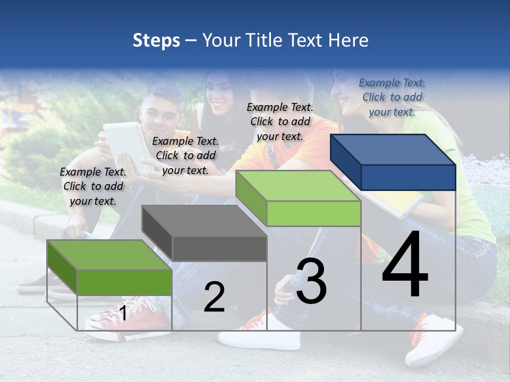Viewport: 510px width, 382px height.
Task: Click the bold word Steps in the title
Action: pos(156,40)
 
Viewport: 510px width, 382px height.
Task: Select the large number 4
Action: pos(405,265)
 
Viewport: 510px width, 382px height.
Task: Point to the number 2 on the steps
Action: pos(214,297)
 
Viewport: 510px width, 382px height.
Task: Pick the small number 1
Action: pos(123,314)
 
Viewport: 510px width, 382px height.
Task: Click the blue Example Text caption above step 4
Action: pos(392,97)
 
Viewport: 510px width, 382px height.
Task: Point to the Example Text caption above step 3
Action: pos(280,121)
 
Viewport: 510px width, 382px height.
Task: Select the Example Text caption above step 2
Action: pos(185,155)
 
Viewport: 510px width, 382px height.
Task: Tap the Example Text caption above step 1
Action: pos(93,186)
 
